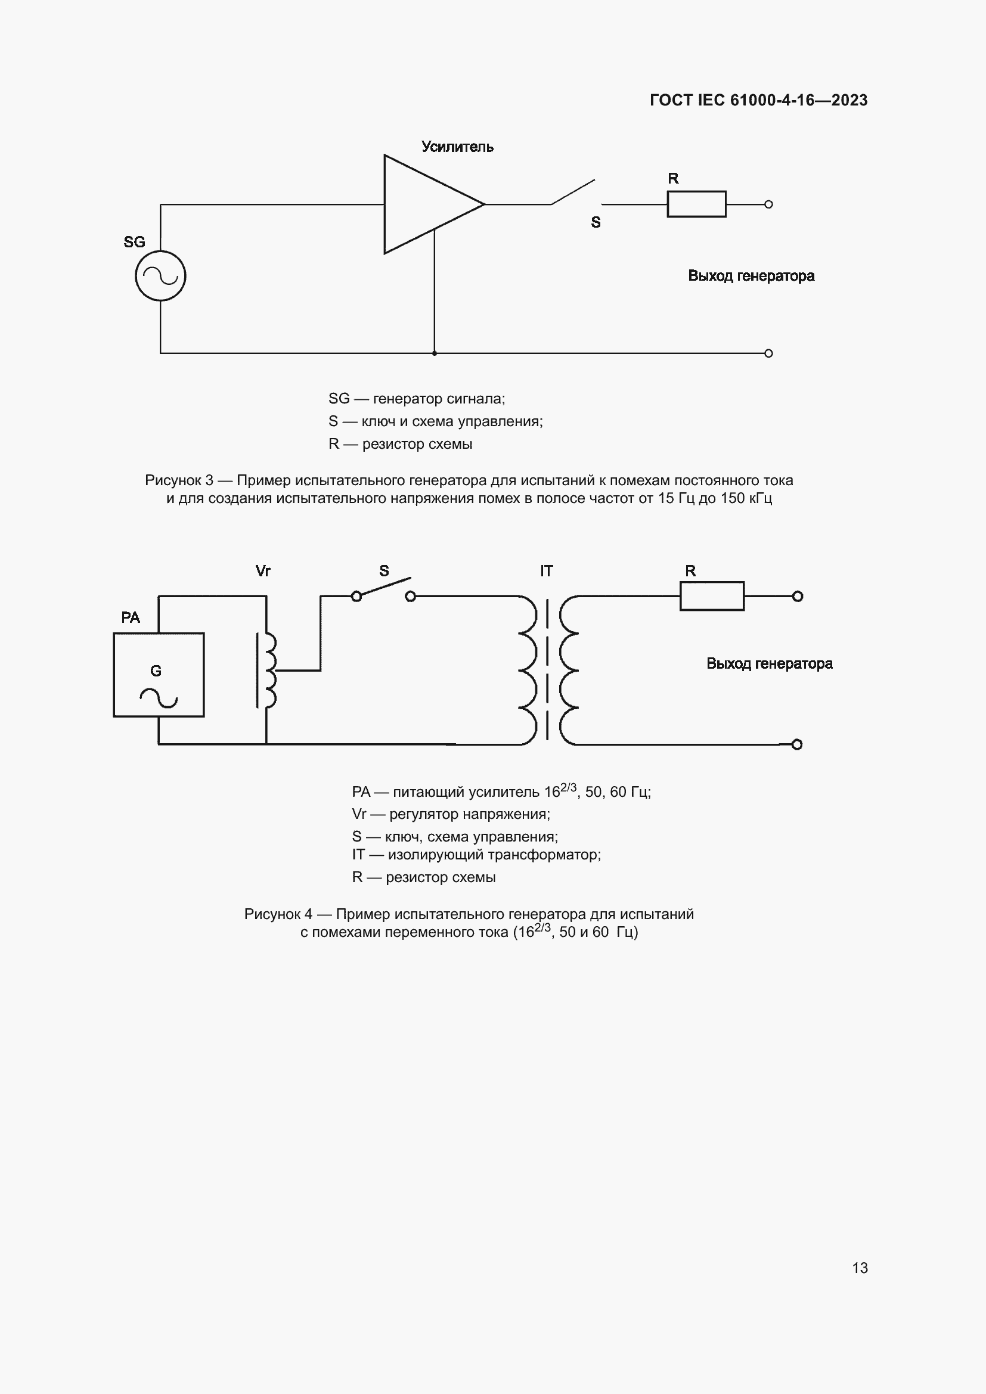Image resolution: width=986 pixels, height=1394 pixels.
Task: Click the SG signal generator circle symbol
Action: [160, 276]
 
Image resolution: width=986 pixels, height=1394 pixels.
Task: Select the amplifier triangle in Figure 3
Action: [425, 204]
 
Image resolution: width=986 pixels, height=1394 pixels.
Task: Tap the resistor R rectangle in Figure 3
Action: [696, 204]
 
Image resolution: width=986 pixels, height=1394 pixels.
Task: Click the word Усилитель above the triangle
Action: [457, 147]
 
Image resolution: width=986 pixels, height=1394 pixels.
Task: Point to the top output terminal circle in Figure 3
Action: [768, 204]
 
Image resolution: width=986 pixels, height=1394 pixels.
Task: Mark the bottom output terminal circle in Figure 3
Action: [768, 353]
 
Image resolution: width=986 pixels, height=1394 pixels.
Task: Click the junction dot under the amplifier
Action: [434, 353]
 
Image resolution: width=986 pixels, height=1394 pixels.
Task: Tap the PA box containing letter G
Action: [159, 675]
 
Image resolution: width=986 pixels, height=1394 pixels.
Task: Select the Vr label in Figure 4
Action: [263, 571]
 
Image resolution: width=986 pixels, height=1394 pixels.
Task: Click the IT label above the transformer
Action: [547, 571]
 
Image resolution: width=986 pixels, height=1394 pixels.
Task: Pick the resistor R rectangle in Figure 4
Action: [712, 596]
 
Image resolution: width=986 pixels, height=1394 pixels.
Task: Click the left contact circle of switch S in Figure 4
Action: [356, 596]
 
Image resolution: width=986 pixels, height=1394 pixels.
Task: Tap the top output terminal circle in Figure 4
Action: [798, 596]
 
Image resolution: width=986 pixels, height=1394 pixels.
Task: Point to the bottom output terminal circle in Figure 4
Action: [797, 744]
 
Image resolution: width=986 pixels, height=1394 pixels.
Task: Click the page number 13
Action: [860, 1268]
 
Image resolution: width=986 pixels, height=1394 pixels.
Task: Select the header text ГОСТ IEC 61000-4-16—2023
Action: [758, 100]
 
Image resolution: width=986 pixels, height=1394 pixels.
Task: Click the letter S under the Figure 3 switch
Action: [596, 223]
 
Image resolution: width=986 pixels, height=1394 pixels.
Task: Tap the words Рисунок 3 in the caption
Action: [179, 480]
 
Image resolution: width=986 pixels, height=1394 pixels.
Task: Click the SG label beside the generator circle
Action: [134, 242]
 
